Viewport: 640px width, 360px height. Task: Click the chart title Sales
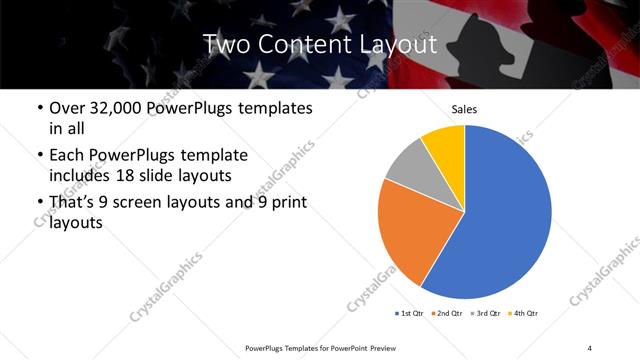pos(464,109)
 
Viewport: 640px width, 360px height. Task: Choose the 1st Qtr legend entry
pos(411,314)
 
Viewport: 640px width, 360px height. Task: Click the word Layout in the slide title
pos(396,45)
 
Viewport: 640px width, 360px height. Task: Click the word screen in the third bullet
pos(149,203)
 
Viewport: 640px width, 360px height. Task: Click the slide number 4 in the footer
pos(590,347)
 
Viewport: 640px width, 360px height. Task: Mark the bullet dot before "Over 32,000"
pos(39,108)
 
